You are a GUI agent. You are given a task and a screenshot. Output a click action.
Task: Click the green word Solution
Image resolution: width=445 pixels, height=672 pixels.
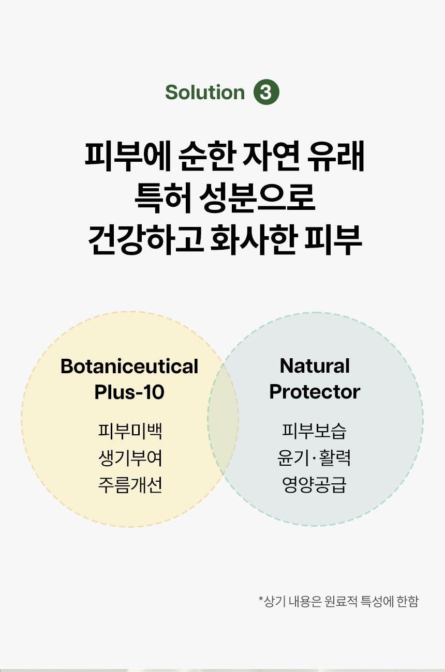click(x=205, y=92)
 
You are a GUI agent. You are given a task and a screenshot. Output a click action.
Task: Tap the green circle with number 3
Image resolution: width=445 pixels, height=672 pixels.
click(x=266, y=92)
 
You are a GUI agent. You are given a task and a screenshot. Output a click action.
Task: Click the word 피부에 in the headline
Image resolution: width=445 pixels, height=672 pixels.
click(x=128, y=156)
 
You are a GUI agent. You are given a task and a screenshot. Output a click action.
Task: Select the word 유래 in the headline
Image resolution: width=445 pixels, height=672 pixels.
click(x=335, y=156)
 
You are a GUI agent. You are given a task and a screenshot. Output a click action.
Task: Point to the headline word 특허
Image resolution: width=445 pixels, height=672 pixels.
click(x=163, y=197)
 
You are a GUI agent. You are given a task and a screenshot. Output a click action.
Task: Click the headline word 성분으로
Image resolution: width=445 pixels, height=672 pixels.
click(x=257, y=197)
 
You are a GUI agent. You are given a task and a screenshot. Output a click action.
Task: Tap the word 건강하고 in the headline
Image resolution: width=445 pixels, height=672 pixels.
click(x=145, y=240)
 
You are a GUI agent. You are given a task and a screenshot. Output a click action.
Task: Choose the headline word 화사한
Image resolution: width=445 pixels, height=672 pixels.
click(x=254, y=240)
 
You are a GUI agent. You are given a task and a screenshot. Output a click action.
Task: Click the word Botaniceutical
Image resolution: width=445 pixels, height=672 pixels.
click(x=129, y=366)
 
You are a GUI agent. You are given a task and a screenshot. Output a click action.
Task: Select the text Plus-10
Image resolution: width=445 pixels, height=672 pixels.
click(x=129, y=392)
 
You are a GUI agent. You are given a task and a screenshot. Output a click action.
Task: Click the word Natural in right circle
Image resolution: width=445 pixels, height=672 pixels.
click(x=315, y=365)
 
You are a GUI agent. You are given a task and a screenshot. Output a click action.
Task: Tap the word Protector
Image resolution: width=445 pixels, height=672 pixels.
click(x=315, y=391)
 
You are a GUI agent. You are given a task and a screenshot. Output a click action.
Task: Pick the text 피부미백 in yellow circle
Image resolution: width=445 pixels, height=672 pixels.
click(x=130, y=431)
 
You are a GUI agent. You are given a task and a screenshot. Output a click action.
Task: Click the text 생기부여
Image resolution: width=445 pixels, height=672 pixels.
click(x=130, y=458)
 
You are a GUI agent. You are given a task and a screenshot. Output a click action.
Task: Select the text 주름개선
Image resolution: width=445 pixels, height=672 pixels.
click(x=130, y=485)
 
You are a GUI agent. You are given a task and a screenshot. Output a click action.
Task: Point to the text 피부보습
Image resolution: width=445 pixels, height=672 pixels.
click(x=314, y=431)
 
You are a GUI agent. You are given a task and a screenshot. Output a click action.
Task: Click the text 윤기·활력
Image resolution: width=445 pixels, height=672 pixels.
click(x=314, y=458)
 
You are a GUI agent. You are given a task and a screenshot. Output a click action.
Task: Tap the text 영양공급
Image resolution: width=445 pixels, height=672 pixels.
click(x=314, y=484)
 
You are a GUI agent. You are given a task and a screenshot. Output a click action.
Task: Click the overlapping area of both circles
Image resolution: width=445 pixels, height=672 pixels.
click(x=223, y=419)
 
